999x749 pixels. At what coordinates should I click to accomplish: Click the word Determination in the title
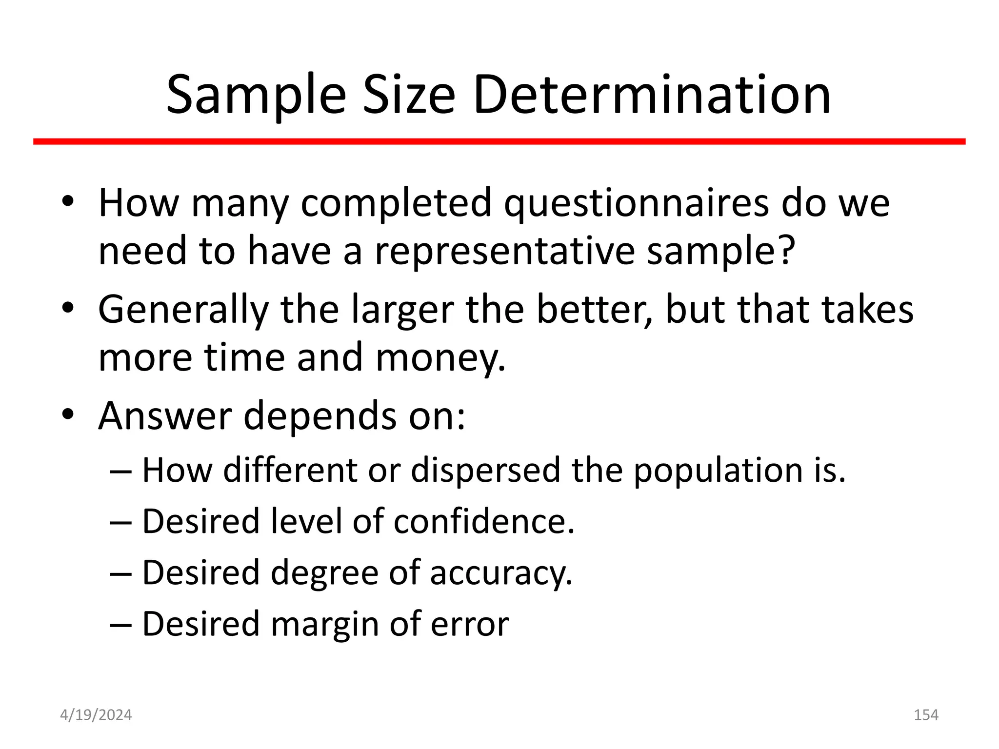tap(652, 95)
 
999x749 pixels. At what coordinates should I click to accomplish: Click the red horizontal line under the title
tap(499, 141)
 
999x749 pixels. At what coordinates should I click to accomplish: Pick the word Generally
tap(183, 311)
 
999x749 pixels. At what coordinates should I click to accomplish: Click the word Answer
tap(164, 416)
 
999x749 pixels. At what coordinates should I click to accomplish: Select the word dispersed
tap(485, 471)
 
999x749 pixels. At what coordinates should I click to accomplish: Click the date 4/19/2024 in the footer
tap(96, 715)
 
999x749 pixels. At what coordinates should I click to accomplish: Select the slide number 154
tap(926, 715)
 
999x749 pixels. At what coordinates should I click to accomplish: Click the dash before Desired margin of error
tap(120, 625)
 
